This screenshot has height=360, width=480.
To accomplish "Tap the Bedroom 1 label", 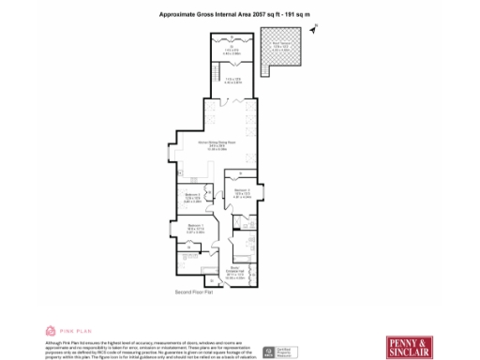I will click(195, 228).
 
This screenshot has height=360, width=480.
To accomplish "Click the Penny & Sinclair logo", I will click(409, 344).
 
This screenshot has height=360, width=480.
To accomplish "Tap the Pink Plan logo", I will click(65, 331).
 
